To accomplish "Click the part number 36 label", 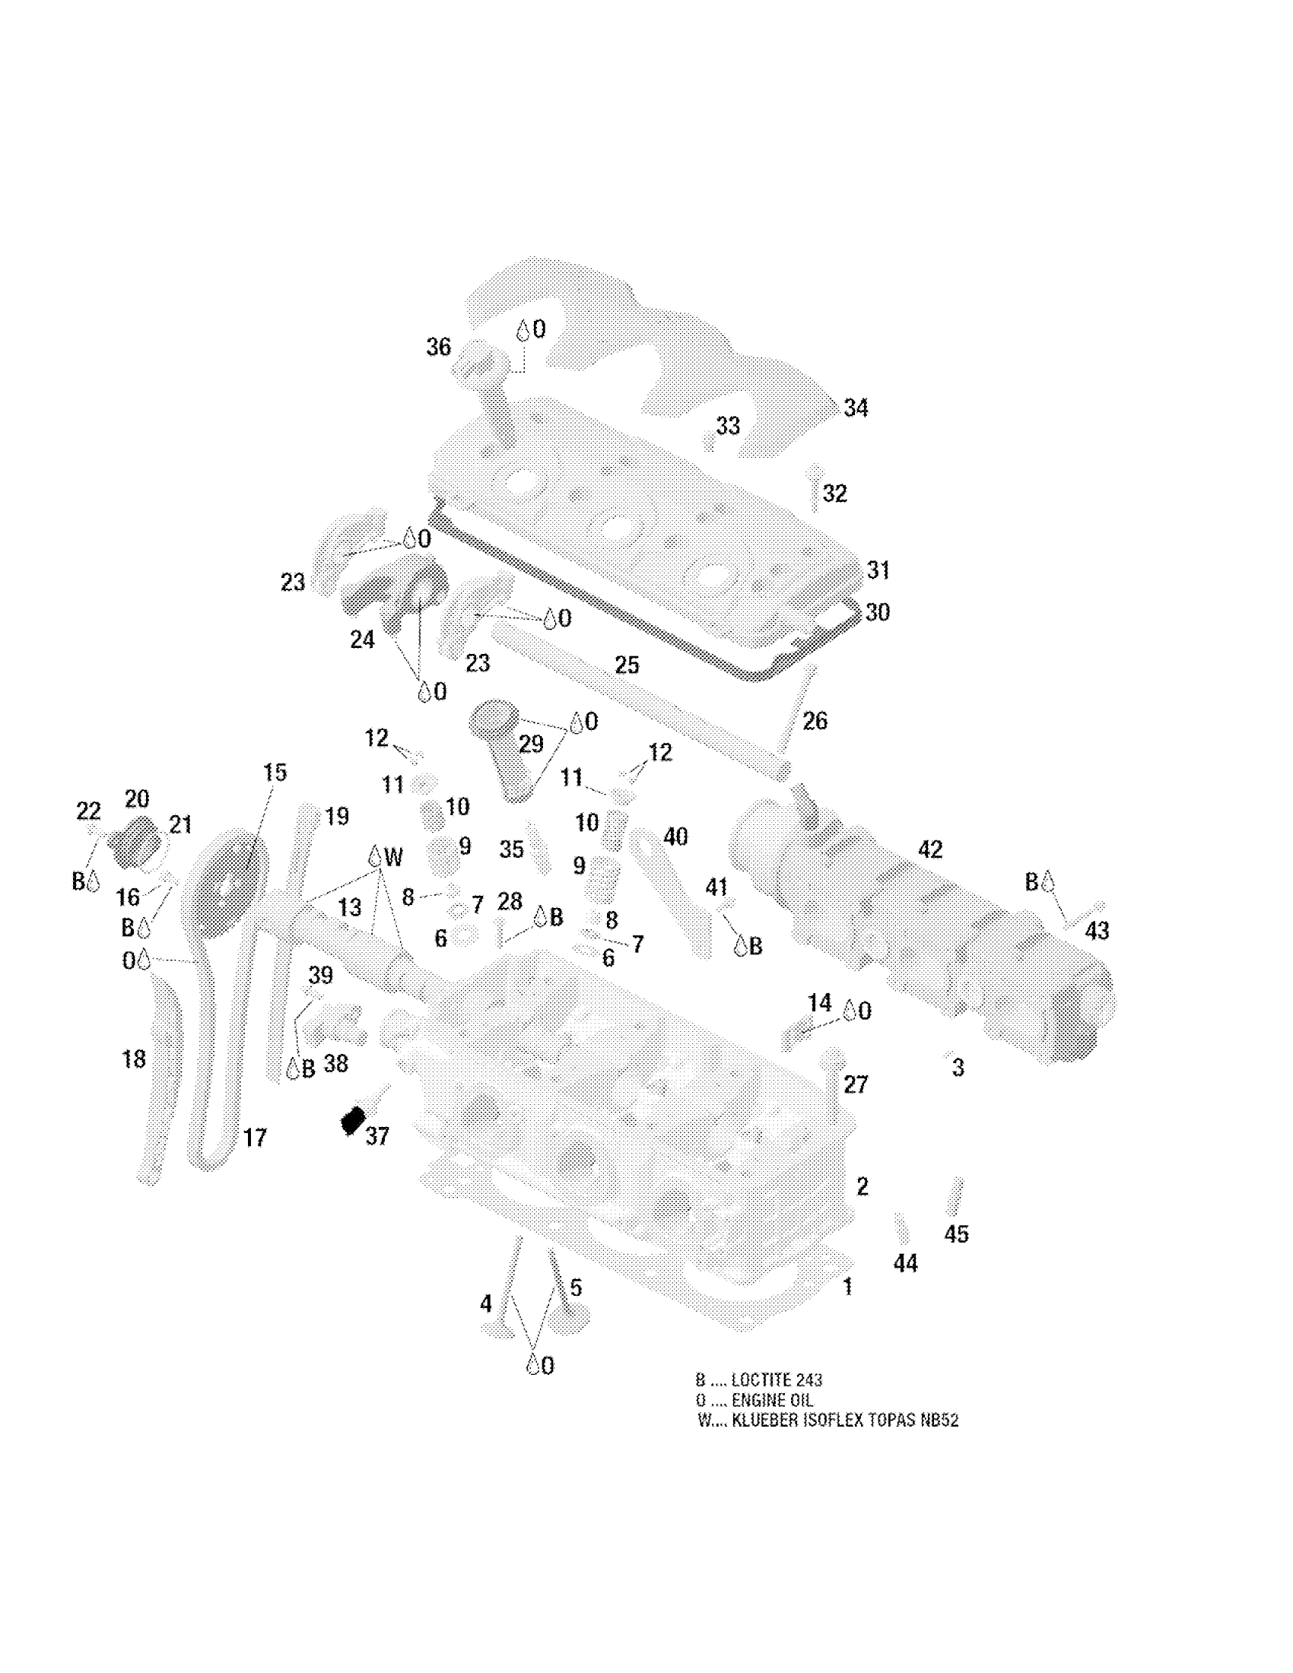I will (x=438, y=347).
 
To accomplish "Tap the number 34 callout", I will (x=856, y=408).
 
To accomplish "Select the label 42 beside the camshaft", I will (x=930, y=849).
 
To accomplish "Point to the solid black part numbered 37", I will (x=352, y=1122).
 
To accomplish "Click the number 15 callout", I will (x=275, y=772).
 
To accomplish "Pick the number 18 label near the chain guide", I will (x=134, y=1059).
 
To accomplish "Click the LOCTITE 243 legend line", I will (x=758, y=1379).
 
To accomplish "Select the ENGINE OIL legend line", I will (x=754, y=1400).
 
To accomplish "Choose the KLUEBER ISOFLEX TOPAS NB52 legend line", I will (x=828, y=1421).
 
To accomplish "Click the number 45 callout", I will (x=956, y=1233).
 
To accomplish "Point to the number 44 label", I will (x=905, y=1263).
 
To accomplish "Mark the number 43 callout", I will (x=1097, y=930).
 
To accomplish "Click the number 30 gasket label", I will (x=878, y=612).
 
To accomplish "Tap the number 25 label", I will (x=627, y=664).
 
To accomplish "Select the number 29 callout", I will (x=531, y=743).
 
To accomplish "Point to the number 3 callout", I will (x=958, y=1068).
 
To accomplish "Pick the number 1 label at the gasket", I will (x=847, y=1287).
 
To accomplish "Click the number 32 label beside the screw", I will (x=835, y=493).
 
